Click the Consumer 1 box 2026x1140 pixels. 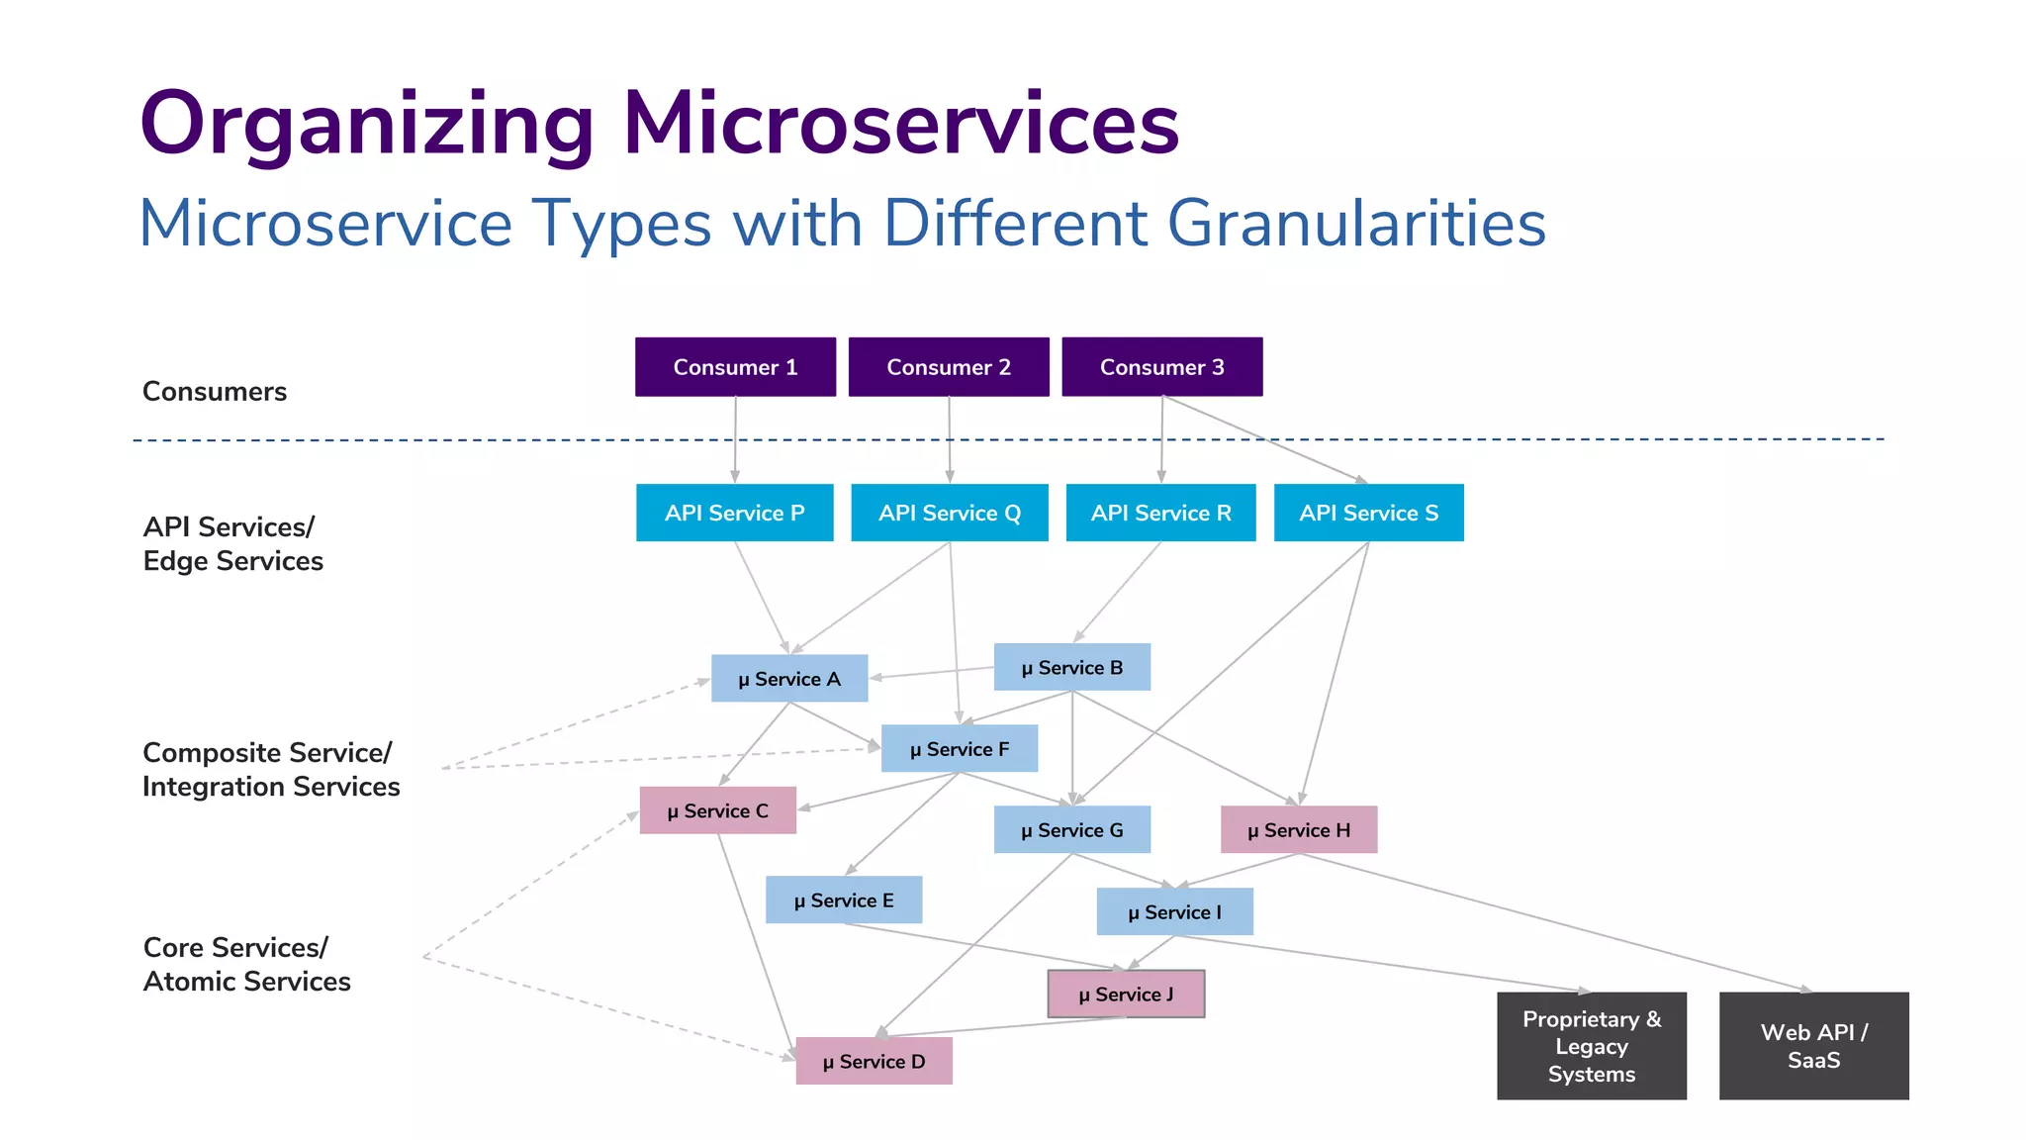click(x=735, y=367)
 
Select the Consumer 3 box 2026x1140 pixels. click(x=1161, y=367)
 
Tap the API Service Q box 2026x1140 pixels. click(x=949, y=513)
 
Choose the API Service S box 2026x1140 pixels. click(x=1368, y=513)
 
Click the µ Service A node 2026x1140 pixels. click(x=788, y=679)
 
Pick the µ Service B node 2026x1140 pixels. click(x=1071, y=668)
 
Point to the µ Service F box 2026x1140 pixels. click(x=959, y=749)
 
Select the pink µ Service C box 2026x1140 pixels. click(x=717, y=810)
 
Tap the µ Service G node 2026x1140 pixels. click(x=1071, y=830)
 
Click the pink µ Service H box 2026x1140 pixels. click(x=1298, y=830)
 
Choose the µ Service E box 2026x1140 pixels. click(x=843, y=901)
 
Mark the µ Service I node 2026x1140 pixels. click(x=1174, y=912)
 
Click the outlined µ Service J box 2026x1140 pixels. click(x=1126, y=995)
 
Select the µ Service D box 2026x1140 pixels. click(x=874, y=1062)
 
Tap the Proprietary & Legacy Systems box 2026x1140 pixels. click(x=1591, y=1046)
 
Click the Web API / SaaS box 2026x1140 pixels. click(x=1813, y=1046)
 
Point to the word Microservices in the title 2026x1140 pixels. click(x=900, y=124)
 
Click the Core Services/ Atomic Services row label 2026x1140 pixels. click(x=246, y=964)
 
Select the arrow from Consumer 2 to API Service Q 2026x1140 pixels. click(x=949, y=440)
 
